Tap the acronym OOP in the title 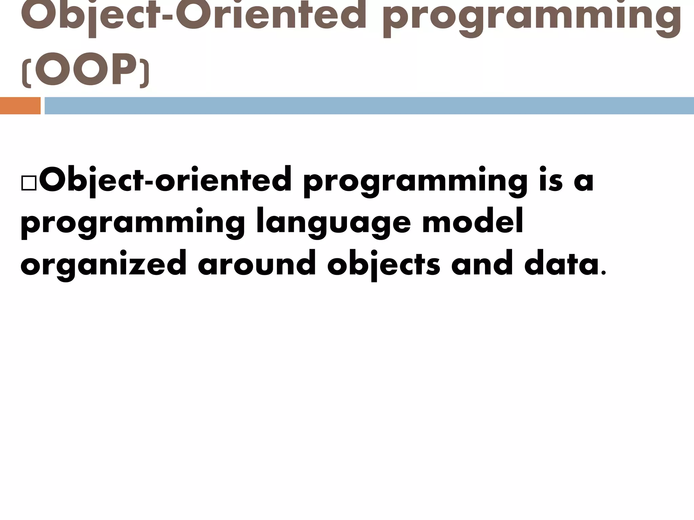(x=86, y=69)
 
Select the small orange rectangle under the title (x=20, y=106)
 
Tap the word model (x=473, y=222)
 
